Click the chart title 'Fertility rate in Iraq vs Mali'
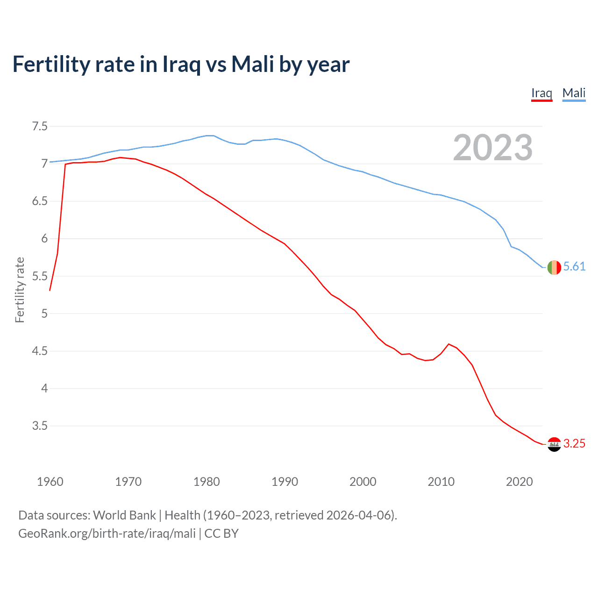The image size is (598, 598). pyautogui.click(x=181, y=64)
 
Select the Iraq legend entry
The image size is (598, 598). pyautogui.click(x=541, y=93)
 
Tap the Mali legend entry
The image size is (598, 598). pyautogui.click(x=574, y=93)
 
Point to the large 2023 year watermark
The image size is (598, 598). pyautogui.click(x=493, y=148)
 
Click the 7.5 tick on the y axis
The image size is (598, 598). pyautogui.click(x=40, y=126)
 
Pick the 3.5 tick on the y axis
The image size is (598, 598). pyautogui.click(x=40, y=426)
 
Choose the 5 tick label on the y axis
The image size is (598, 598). pyautogui.click(x=44, y=313)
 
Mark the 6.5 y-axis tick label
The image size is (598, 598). pyautogui.click(x=40, y=201)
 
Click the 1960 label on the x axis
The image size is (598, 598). pyautogui.click(x=50, y=482)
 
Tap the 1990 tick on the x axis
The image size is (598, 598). pyautogui.click(x=285, y=482)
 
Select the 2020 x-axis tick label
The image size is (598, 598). pyautogui.click(x=519, y=482)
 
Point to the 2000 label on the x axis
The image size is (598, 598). pyautogui.click(x=363, y=482)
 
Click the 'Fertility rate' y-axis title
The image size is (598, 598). pyautogui.click(x=20, y=290)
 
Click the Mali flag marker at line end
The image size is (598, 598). pyautogui.click(x=554, y=267)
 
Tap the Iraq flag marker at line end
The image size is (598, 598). pyautogui.click(x=554, y=444)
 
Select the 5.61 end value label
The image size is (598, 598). pyautogui.click(x=574, y=266)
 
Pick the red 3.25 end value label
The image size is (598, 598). pyautogui.click(x=574, y=443)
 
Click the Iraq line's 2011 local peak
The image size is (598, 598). pyautogui.click(x=448, y=344)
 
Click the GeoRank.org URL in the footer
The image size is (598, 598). pyautogui.click(x=107, y=533)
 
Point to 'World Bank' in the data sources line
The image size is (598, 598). pyautogui.click(x=124, y=515)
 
